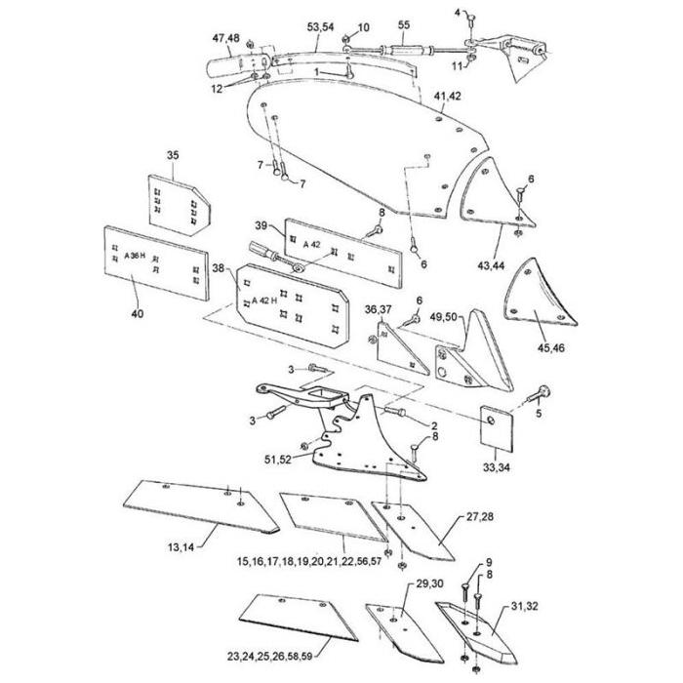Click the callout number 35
click(x=173, y=156)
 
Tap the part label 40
click(x=136, y=313)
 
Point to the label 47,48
click(x=225, y=38)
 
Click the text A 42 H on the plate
click(x=263, y=301)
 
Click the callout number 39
click(x=261, y=225)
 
